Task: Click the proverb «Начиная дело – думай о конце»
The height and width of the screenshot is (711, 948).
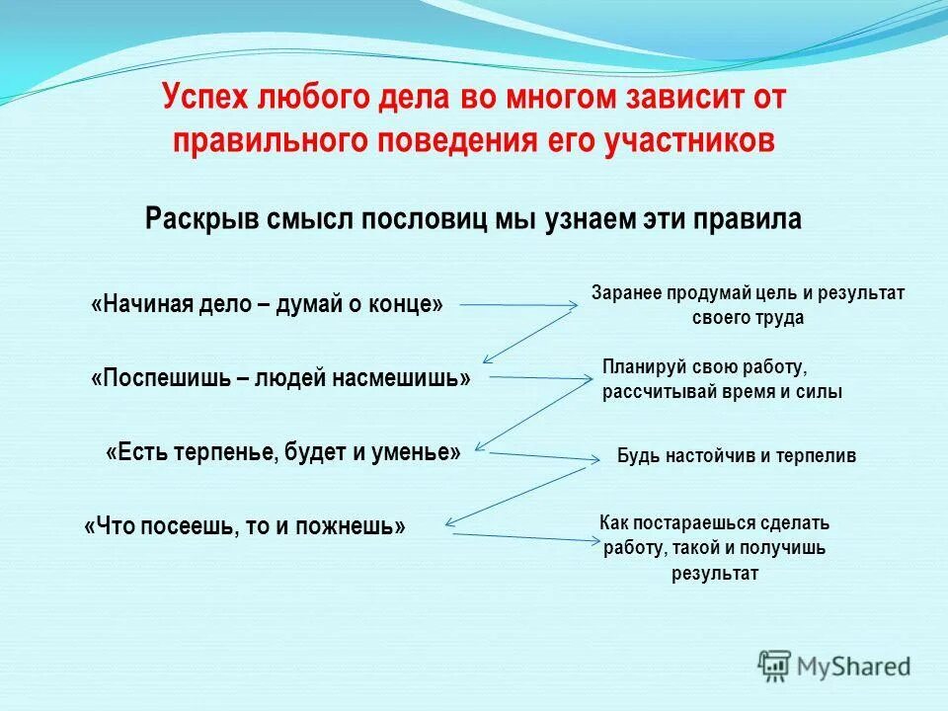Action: coord(267,304)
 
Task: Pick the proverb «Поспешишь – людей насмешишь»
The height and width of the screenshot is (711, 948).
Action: coord(280,378)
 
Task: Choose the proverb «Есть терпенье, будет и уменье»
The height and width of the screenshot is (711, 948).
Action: coord(282,452)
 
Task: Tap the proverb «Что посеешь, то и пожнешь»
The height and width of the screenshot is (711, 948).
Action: coord(245,526)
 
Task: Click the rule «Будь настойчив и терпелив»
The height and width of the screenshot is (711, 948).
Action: coord(737,456)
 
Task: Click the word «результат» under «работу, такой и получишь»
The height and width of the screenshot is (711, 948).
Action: coord(715,574)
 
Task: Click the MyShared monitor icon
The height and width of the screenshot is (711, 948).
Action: coord(775,666)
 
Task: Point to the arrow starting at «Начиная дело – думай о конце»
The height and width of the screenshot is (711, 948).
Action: coord(518,305)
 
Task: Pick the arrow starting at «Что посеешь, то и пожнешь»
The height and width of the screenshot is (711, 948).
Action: coord(523,537)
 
